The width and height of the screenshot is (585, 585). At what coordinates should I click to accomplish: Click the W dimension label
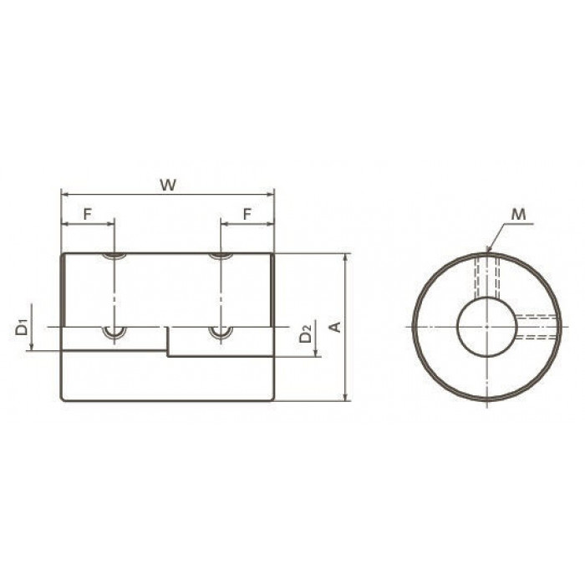pyautogui.click(x=167, y=185)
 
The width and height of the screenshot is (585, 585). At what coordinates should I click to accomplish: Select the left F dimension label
pyautogui.click(x=87, y=214)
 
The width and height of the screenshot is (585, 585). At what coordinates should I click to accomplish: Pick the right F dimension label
pyautogui.click(x=247, y=214)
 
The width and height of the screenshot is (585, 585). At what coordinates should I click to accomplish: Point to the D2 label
pyautogui.click(x=306, y=334)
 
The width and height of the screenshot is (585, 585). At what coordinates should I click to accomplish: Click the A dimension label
pyautogui.click(x=336, y=327)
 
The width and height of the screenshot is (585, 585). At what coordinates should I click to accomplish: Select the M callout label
pyautogui.click(x=518, y=215)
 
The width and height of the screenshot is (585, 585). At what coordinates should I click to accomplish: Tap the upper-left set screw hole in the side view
pyautogui.click(x=114, y=256)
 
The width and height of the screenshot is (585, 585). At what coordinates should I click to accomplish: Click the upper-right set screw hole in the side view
pyautogui.click(x=221, y=256)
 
